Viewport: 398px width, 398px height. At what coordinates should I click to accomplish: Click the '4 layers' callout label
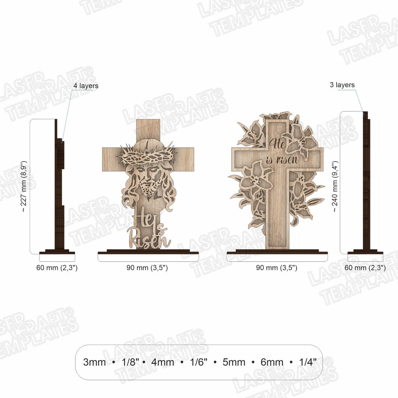click(x=86, y=86)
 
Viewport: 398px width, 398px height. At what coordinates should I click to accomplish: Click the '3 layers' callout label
click(x=342, y=85)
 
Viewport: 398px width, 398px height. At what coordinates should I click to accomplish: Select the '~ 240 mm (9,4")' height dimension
click(x=335, y=186)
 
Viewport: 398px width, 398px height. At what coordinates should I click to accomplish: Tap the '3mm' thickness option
click(x=94, y=362)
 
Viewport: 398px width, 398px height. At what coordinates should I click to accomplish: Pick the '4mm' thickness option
click(x=163, y=362)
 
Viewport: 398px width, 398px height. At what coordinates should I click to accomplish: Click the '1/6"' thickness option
click(x=199, y=362)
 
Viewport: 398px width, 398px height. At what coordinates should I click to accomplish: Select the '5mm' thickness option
click(x=234, y=362)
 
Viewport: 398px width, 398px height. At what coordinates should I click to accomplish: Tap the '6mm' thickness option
click(x=272, y=362)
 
